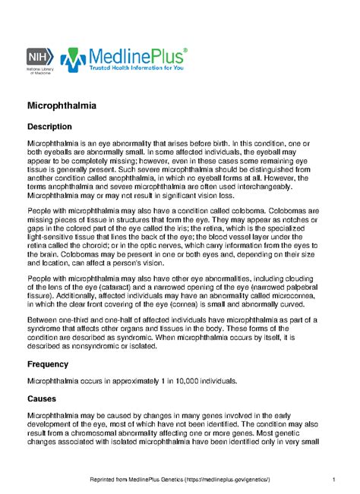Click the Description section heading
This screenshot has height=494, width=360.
(55, 126)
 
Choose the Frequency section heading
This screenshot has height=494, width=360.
(53, 364)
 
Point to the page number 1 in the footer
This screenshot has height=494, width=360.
(334, 479)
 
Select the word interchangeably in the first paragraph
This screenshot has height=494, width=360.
(256, 186)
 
